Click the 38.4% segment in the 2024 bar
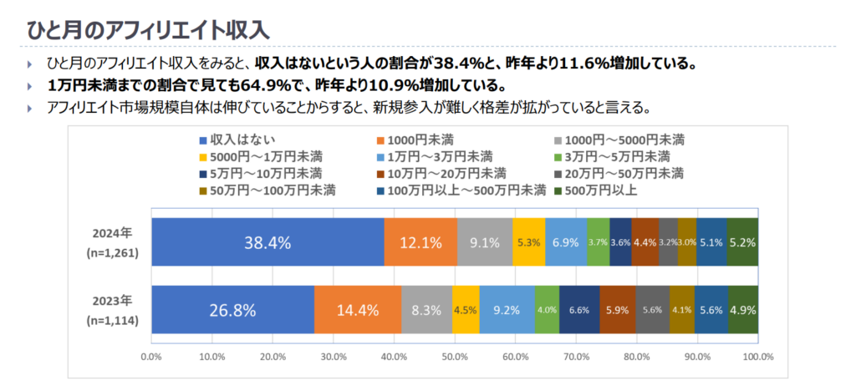coord(267,243)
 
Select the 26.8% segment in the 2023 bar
coord(232,309)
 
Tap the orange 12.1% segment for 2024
coord(420,243)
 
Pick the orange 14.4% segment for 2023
coord(358,309)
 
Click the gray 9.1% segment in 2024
coord(485,243)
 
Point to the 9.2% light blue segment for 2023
coord(507,309)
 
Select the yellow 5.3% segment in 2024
coord(528,243)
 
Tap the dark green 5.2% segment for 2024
coord(742,243)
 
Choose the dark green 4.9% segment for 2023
coord(743,309)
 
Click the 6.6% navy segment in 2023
coord(579,309)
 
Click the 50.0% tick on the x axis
coord(455,357)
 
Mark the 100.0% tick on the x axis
coord(757,357)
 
